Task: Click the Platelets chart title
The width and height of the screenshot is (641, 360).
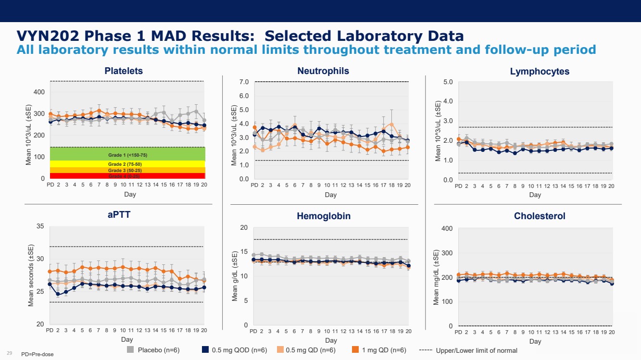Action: coord(124,71)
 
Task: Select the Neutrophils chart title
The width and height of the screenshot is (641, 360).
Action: coord(323,71)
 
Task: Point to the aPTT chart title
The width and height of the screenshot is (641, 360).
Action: coord(118,215)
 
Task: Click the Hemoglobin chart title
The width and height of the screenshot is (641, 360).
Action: coord(324,216)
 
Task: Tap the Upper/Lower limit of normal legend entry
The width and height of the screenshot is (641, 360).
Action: coord(476,350)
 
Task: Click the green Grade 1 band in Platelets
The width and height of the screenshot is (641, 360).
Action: coord(127,154)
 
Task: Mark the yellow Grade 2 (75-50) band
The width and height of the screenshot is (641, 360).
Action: coord(127,164)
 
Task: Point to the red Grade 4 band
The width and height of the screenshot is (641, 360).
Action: coord(127,176)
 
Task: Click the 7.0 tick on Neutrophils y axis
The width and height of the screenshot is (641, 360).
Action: coord(244,82)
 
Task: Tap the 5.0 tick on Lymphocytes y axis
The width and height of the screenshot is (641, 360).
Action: coord(448,82)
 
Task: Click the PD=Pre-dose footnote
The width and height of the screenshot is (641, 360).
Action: coord(38,354)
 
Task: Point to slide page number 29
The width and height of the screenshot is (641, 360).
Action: coord(9,353)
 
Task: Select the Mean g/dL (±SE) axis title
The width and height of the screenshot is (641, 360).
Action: coord(235,276)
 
